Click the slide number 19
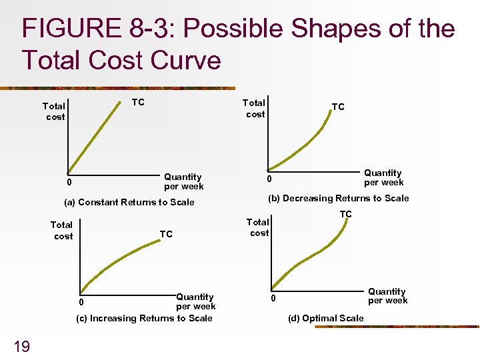coord(21,345)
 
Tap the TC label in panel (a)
coord(137,102)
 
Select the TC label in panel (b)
coord(338,107)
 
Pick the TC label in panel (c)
coord(166,234)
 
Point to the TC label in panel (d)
coord(345,214)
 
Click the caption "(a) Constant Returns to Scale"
coord(129,202)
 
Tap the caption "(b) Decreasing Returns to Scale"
coord(338,198)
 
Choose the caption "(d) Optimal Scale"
coord(326,318)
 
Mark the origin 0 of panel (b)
coord(269,179)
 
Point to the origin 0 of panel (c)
coord(79,302)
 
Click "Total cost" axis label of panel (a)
coord(55,111)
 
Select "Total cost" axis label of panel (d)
coord(259,227)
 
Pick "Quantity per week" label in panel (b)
coord(383,177)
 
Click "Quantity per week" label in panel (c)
coord(195,301)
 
